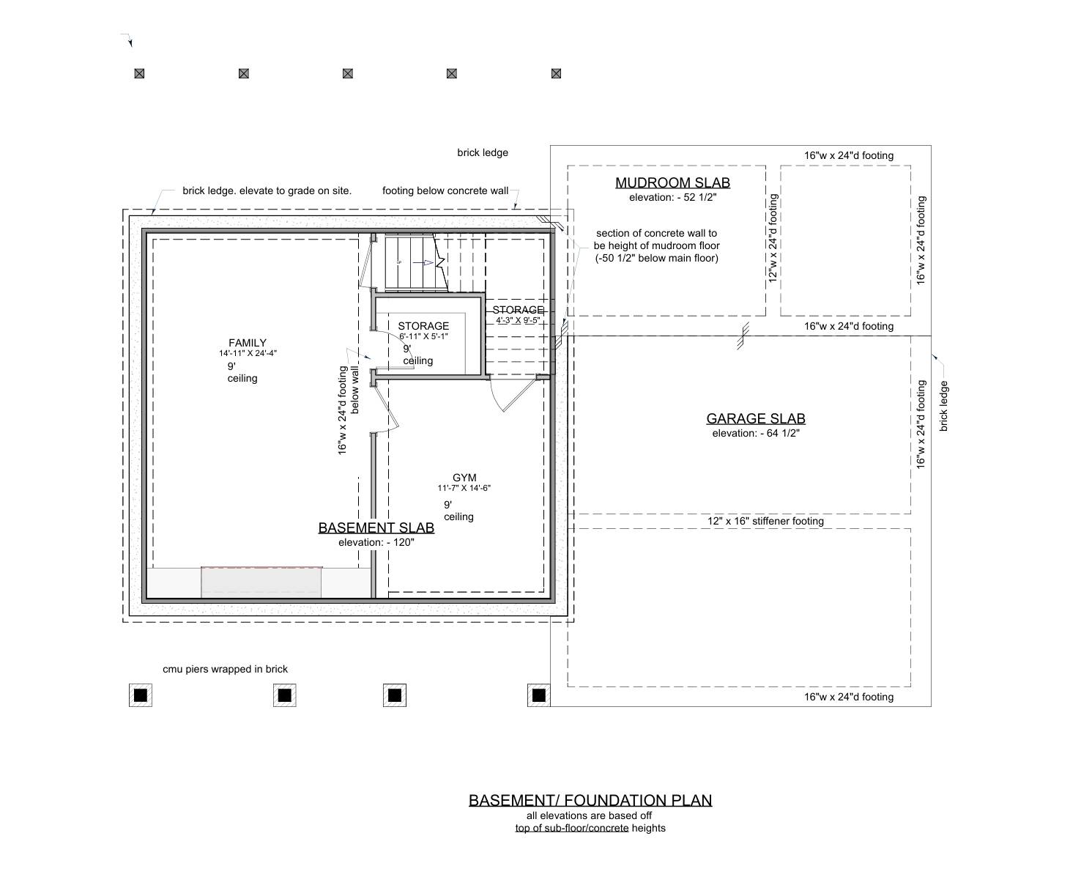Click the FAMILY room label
pos(248,342)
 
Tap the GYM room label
pos(464,478)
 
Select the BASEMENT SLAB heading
pos(376,527)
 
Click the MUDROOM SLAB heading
pos(672,183)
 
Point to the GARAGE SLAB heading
pos(756,419)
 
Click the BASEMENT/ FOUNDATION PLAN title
pos(590,800)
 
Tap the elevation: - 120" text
pos(376,542)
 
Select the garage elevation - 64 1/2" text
pos(756,433)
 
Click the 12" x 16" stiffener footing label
pos(765,521)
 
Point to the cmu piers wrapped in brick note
pos(225,669)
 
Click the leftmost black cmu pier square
pos(141,695)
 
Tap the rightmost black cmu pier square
pos(539,695)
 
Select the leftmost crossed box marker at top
pos(139,73)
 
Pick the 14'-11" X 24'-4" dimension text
pos(248,353)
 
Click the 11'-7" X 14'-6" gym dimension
pos(464,488)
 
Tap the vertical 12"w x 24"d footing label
pos(773,238)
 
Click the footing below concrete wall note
pos(445,190)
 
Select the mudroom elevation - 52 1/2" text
pos(672,197)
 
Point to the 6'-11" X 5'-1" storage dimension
pos(423,336)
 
